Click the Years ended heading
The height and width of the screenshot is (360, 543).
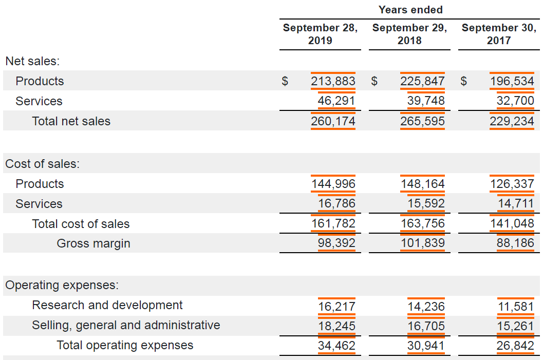point(410,10)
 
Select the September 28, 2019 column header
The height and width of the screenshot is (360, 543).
point(321,34)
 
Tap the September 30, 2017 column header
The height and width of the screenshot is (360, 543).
point(499,34)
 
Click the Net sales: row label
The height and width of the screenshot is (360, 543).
point(32,61)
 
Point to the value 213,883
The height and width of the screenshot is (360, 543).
point(333,81)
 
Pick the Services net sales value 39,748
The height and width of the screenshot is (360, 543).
point(426,101)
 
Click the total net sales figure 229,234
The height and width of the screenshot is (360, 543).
point(512,121)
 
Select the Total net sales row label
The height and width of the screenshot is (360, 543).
point(71,121)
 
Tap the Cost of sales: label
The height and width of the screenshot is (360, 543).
point(43,164)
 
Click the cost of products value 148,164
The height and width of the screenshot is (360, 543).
point(422,184)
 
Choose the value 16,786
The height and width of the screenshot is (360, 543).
point(336,203)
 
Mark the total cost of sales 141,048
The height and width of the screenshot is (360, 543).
point(512,223)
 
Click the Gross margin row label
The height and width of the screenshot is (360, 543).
point(93,243)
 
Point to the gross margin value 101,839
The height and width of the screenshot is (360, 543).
point(422,243)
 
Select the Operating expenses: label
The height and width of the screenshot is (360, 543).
point(62,285)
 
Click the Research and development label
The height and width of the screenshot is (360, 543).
point(107,305)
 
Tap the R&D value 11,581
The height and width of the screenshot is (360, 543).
point(516,307)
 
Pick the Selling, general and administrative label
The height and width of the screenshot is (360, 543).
point(126,326)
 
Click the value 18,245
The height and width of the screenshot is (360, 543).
point(336,326)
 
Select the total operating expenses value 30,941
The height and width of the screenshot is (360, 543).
point(426,346)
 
